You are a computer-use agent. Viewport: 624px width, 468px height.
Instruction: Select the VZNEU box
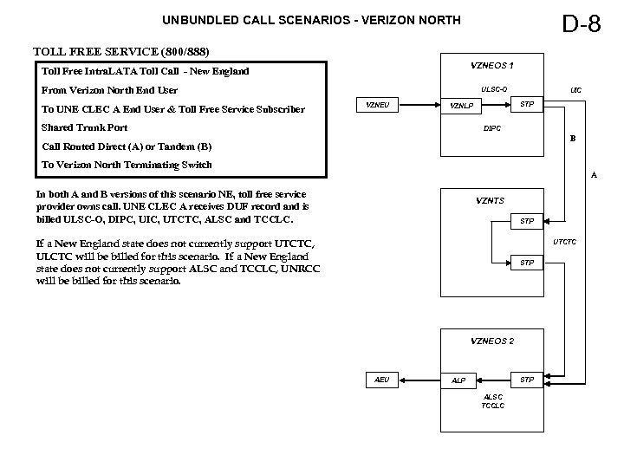378,106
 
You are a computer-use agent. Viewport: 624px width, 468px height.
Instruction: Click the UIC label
575,88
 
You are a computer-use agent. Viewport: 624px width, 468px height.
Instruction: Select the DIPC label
491,129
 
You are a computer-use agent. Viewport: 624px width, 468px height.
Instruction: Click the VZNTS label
491,200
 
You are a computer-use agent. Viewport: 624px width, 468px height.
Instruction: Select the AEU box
381,380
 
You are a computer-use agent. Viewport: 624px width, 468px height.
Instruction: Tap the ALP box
459,380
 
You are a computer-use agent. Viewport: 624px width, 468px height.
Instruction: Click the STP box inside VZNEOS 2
527,380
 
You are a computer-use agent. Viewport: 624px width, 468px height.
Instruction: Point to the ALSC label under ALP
491,397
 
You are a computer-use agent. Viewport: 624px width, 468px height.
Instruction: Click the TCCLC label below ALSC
491,406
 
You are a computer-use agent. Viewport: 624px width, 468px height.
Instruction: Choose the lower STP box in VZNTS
527,262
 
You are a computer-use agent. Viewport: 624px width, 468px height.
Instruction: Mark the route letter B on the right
571,139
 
